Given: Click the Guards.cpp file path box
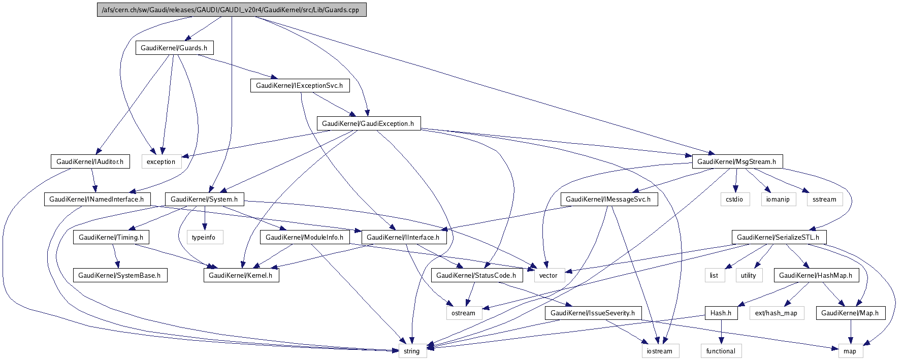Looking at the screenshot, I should [231, 10].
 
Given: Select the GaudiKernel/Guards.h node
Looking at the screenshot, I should [174, 48].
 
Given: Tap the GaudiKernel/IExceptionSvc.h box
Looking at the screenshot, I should [299, 85].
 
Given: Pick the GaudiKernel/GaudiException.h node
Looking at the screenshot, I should [368, 123].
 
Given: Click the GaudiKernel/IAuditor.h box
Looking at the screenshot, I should [90, 161].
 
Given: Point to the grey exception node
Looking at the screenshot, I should [161, 161].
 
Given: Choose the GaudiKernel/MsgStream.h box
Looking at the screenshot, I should [736, 161].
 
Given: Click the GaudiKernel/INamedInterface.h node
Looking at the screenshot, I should [96, 199].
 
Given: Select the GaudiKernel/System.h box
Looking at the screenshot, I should [204, 199].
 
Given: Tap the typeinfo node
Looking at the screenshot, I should [204, 237].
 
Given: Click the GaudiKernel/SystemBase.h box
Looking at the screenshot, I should [119, 275].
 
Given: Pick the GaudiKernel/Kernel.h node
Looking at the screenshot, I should [241, 275].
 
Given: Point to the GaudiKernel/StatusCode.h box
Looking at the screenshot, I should [476, 275].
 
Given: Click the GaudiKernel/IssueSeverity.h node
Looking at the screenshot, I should [593, 313].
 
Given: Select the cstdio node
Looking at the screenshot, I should [734, 199].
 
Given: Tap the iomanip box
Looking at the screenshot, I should [778, 199].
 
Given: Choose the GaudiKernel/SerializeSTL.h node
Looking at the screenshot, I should [778, 237].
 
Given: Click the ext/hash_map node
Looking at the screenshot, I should [776, 313].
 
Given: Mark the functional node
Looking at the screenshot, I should [721, 351].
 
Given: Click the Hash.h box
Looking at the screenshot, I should [721, 313].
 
